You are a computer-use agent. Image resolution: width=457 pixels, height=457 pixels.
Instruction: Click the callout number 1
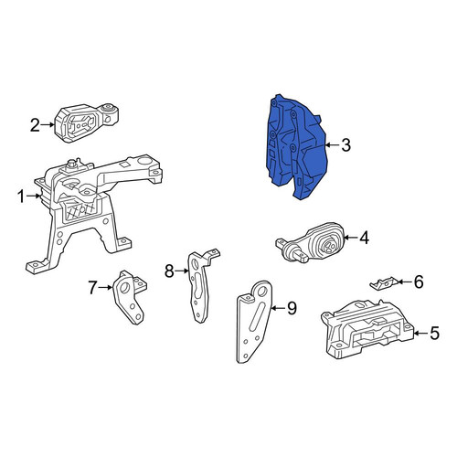click(x=21, y=197)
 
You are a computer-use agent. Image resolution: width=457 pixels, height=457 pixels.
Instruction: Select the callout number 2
click(x=35, y=125)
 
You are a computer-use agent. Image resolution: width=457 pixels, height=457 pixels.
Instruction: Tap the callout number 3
click(x=345, y=145)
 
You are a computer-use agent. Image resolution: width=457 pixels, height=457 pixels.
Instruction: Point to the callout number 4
click(x=364, y=238)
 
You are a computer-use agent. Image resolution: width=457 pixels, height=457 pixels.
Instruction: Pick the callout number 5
click(x=434, y=333)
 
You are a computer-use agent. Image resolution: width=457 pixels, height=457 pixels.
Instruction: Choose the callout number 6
click(x=419, y=282)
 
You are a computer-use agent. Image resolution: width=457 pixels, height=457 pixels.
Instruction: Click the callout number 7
click(x=93, y=288)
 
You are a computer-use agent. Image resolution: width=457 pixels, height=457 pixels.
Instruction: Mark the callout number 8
click(x=169, y=271)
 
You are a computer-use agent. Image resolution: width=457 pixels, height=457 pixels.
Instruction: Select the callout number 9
click(x=292, y=308)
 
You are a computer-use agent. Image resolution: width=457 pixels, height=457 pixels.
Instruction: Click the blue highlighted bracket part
click(x=294, y=146)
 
